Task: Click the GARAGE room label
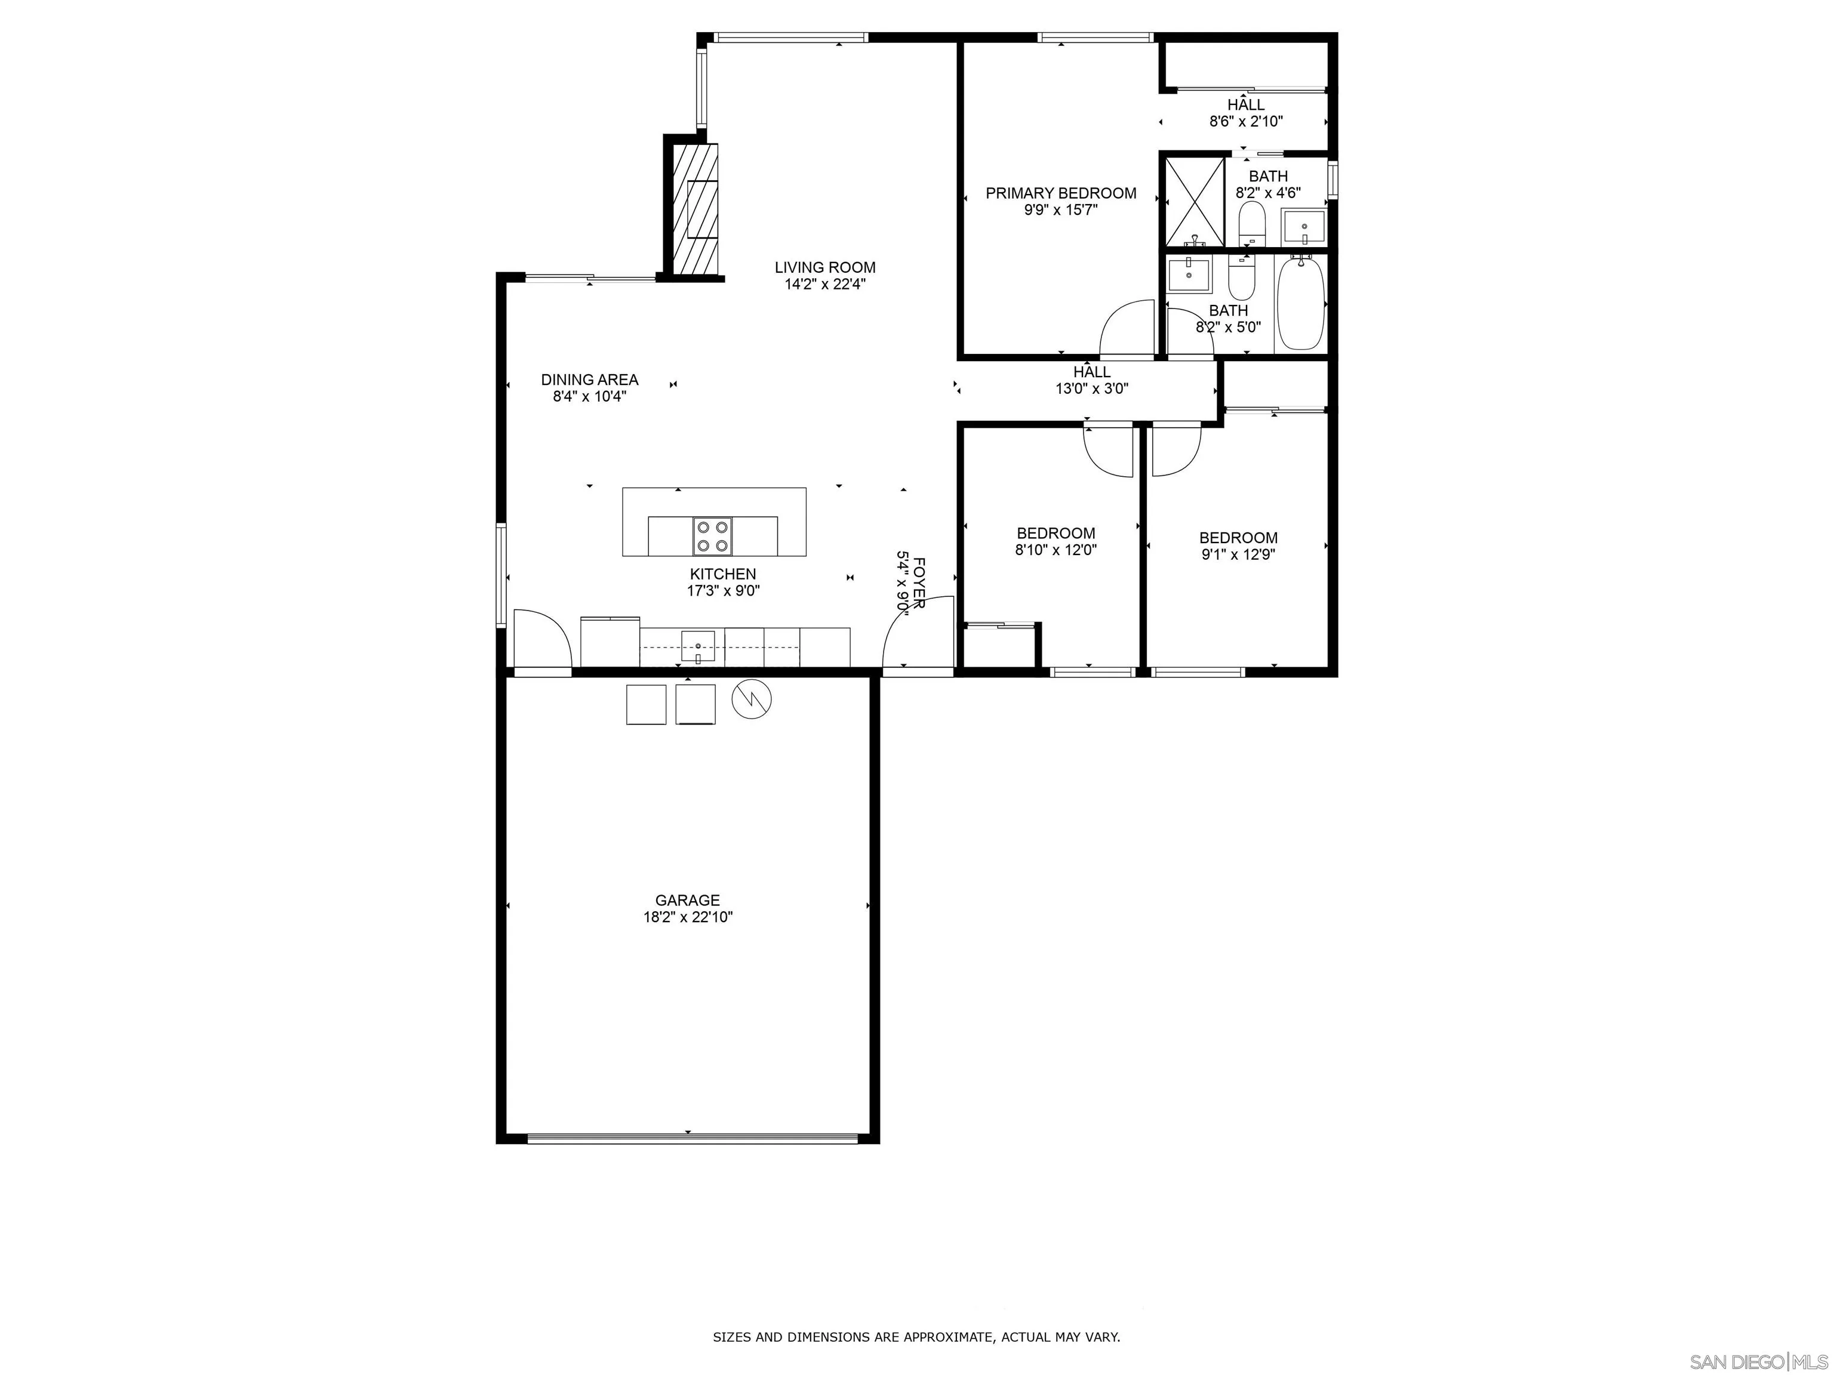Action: (x=687, y=900)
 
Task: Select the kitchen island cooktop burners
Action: (x=713, y=535)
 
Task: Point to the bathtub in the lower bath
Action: (x=1300, y=304)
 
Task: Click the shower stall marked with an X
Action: (x=1195, y=201)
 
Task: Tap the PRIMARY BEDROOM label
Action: (x=1060, y=193)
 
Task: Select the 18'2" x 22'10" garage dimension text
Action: (x=687, y=917)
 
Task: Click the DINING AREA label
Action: (x=589, y=380)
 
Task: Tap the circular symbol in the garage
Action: (x=751, y=699)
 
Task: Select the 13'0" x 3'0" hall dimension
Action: (x=1091, y=389)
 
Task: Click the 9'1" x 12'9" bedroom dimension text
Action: (x=1238, y=554)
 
